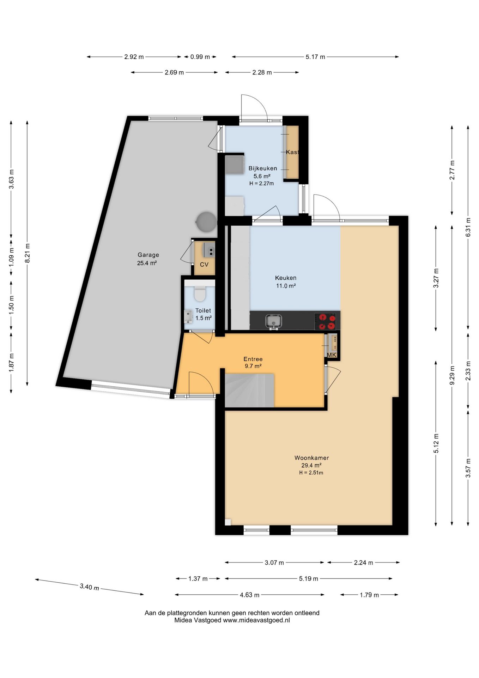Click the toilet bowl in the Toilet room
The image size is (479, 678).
(200, 294)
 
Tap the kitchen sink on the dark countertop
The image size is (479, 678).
(274, 321)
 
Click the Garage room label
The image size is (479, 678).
(148, 255)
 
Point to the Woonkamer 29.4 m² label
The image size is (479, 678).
(311, 462)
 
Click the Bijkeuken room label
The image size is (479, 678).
(262, 168)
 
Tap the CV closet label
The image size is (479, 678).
(204, 264)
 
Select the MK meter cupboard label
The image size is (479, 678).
(332, 355)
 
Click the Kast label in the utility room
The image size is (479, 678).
(292, 152)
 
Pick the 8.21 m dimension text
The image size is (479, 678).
(28, 253)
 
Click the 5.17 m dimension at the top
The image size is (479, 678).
(315, 57)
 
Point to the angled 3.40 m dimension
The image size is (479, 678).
(89, 587)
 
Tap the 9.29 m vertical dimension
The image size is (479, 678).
(452, 375)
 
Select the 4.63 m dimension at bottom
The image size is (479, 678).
(249, 595)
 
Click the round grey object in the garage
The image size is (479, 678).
(206, 222)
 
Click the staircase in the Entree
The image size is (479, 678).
(249, 390)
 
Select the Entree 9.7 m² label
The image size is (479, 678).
(253, 363)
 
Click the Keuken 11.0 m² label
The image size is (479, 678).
(285, 282)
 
